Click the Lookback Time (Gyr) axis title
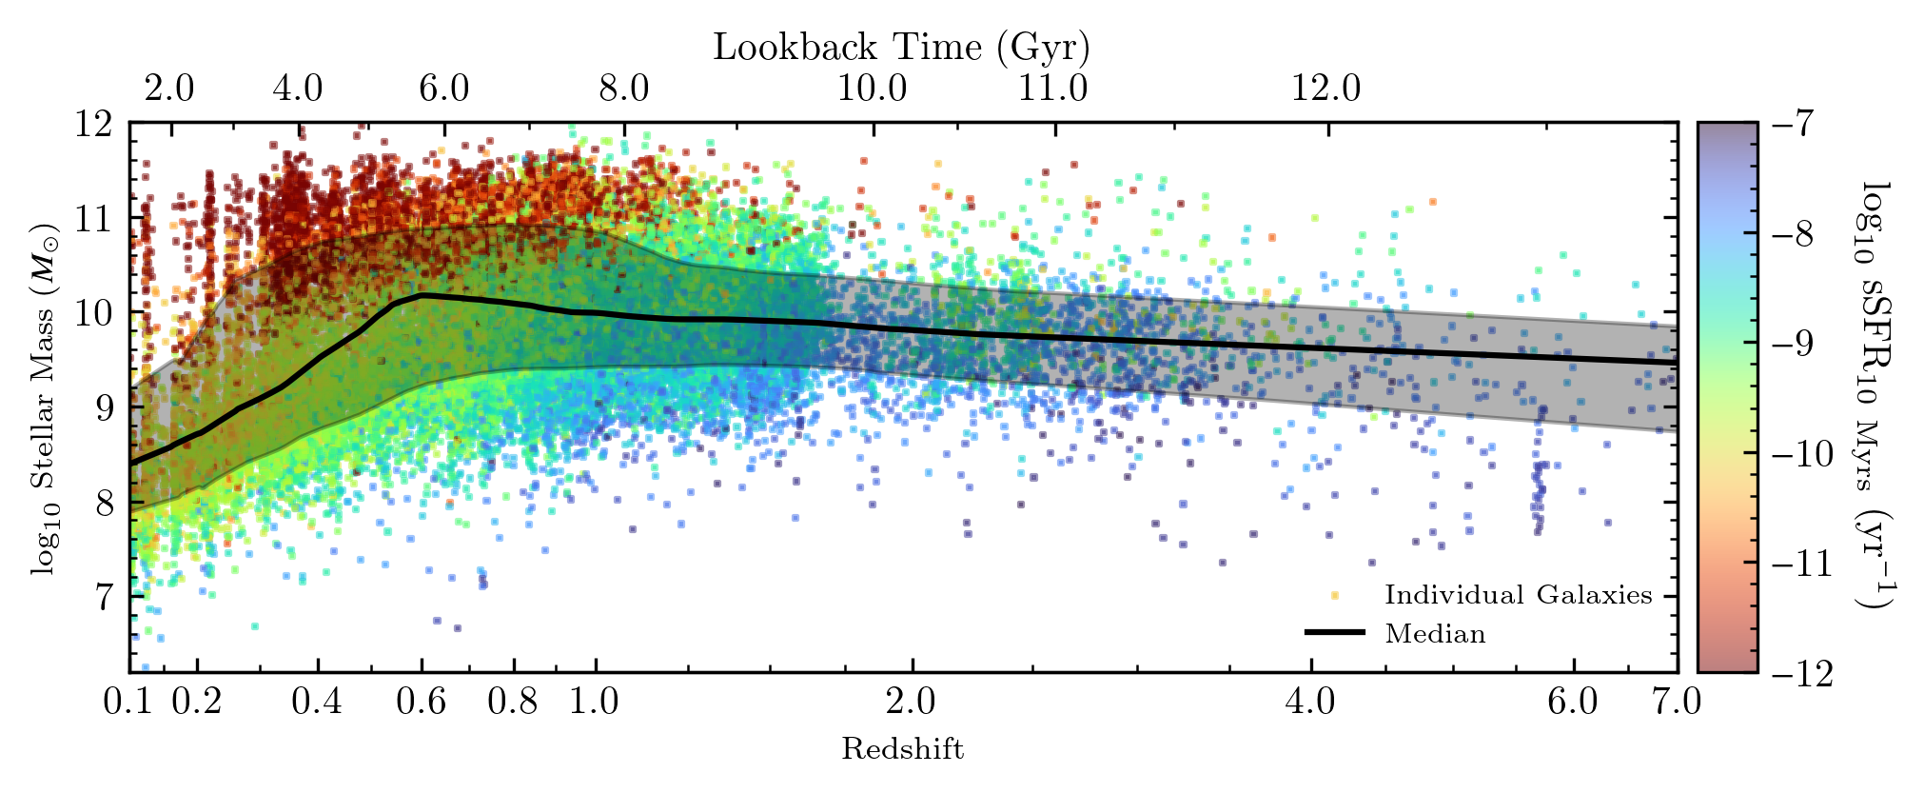tap(901, 47)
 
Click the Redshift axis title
tap(902, 749)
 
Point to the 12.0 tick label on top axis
tap(1325, 89)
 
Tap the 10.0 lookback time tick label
tap(872, 89)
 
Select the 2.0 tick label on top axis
tap(169, 89)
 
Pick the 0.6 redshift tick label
tap(421, 703)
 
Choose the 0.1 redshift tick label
tap(128, 703)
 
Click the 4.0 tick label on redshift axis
tap(1310, 703)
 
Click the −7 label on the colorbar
tap(1793, 124)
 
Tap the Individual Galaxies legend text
tap(1518, 595)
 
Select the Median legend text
tap(1435, 633)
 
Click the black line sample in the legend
tap(1334, 632)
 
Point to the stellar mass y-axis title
tap(44, 400)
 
